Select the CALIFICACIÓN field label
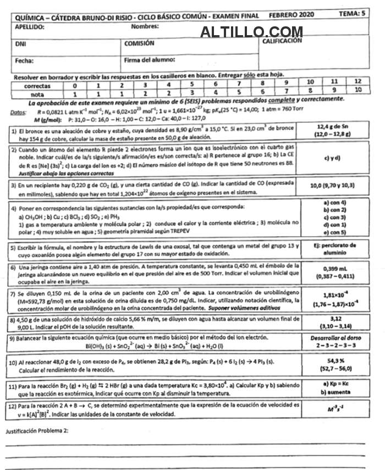[x=282, y=41]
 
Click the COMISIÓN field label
[x=139, y=43]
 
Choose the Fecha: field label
[x=25, y=60]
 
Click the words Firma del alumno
[x=150, y=59]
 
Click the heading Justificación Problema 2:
[x=37, y=431]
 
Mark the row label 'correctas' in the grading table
[x=37, y=86]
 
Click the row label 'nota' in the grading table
[x=37, y=94]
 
